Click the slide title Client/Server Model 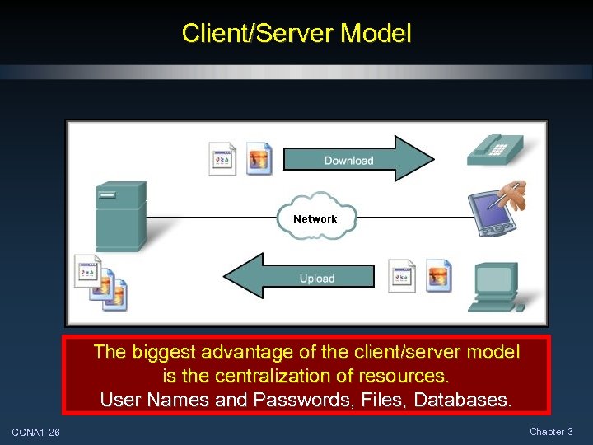[x=296, y=33]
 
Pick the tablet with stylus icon [x=497, y=206]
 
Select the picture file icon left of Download [x=259, y=157]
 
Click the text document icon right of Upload [x=402, y=276]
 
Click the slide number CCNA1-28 [x=35, y=433]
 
